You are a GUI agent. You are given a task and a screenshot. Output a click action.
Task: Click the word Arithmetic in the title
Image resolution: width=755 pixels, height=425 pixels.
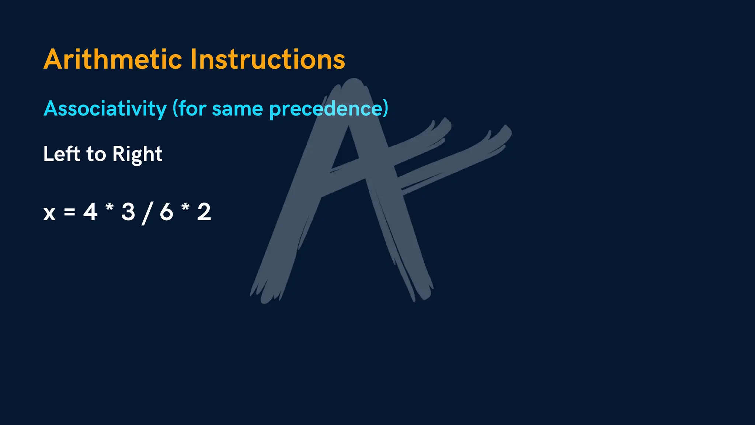(x=113, y=59)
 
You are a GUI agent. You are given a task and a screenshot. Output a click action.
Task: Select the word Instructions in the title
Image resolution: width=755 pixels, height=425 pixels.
(x=268, y=59)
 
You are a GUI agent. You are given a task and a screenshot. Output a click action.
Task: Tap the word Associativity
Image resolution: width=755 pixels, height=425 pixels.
(x=105, y=108)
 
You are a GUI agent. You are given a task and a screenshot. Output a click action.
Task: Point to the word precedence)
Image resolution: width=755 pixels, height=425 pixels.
(x=328, y=109)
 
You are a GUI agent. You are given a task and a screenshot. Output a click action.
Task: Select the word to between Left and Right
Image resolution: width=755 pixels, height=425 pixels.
(x=96, y=154)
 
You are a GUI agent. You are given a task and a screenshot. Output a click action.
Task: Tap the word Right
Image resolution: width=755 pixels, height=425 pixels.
(x=138, y=154)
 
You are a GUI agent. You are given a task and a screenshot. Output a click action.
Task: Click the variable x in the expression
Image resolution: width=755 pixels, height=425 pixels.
(x=49, y=213)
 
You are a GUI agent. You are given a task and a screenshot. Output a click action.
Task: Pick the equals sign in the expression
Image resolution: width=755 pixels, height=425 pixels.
(x=69, y=212)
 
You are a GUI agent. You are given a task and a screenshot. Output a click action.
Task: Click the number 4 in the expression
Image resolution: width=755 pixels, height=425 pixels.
(x=90, y=212)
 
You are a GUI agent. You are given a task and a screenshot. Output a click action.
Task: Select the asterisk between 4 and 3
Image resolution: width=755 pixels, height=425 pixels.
(x=109, y=207)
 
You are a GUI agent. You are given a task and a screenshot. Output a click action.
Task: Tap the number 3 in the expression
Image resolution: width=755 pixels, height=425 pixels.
(x=128, y=212)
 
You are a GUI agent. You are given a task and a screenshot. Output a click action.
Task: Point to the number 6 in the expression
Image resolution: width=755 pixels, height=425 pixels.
(x=166, y=212)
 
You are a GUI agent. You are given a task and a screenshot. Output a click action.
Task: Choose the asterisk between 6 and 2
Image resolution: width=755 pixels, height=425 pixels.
(x=185, y=207)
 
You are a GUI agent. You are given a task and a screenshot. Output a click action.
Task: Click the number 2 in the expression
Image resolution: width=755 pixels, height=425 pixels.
(x=204, y=212)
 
